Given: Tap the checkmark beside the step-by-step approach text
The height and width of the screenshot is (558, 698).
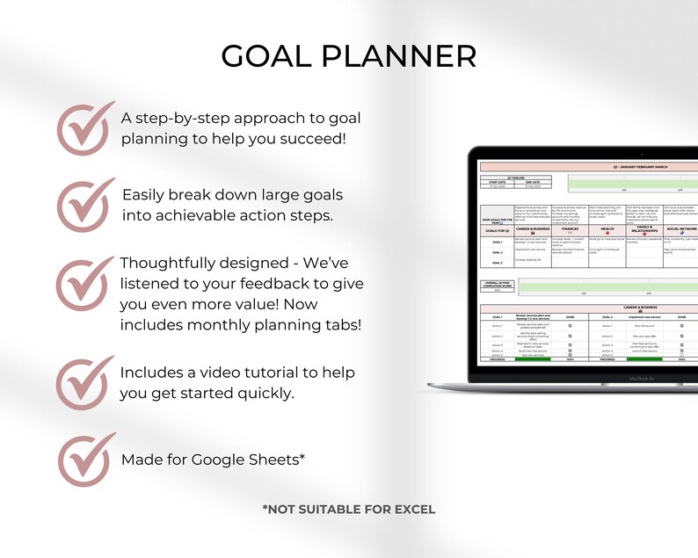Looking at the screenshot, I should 84,129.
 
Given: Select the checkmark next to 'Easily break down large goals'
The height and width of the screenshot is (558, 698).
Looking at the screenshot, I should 84,205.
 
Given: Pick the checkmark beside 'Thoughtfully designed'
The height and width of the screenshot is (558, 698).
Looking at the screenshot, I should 84,285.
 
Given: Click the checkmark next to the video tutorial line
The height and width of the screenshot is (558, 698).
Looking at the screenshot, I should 84,383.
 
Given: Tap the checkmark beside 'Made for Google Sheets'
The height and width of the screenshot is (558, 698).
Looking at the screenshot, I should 84,459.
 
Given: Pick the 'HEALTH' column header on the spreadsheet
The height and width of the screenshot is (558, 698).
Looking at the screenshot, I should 607,227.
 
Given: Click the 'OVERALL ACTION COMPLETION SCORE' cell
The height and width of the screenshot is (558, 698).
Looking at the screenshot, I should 497,284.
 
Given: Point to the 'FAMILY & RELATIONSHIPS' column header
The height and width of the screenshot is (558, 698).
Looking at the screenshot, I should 644,228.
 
